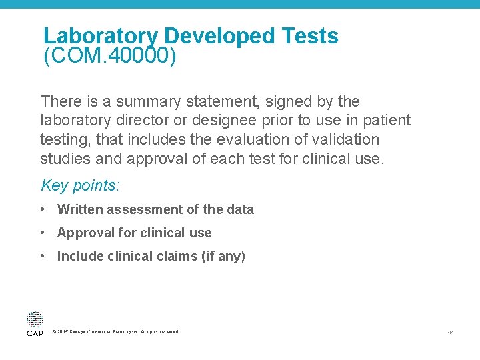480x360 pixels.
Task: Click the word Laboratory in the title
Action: click(100, 36)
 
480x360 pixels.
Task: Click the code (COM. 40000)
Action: click(110, 57)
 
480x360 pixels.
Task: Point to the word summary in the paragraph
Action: click(146, 102)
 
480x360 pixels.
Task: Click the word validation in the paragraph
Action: click(345, 140)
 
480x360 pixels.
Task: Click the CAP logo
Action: click(35, 323)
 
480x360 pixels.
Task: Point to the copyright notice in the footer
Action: click(115, 332)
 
